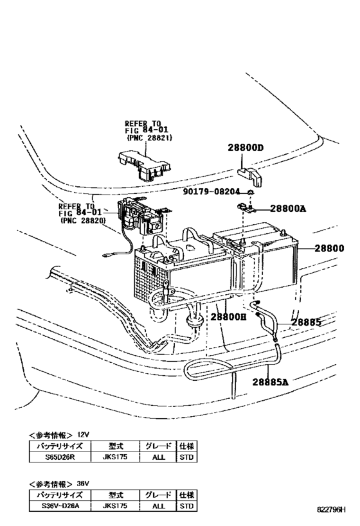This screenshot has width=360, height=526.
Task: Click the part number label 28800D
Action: tap(245, 147)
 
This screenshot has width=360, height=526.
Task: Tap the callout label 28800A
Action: tap(289, 208)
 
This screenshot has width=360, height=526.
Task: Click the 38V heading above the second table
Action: tap(82, 483)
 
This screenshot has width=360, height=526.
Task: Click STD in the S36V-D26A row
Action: tap(187, 505)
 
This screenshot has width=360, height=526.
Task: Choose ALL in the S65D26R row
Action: tap(159, 457)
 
